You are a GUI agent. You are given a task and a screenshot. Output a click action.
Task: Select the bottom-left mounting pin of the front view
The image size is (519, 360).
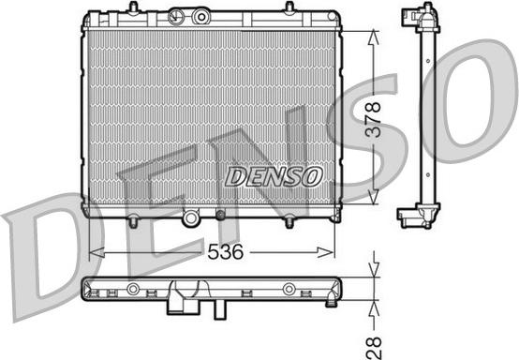click(132, 222)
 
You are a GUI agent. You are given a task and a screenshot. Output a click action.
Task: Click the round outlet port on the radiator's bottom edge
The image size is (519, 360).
click(192, 218)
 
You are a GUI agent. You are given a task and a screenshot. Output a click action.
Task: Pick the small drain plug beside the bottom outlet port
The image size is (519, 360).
click(220, 217)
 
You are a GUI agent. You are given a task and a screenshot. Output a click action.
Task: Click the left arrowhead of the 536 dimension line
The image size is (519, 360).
click(93, 252)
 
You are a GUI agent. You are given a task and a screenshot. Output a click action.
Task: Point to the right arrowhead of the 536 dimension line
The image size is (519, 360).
click(329, 252)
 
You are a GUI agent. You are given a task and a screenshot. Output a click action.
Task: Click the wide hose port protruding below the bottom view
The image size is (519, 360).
click(178, 305)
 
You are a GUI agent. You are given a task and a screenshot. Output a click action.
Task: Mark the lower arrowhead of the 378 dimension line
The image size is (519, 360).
click(373, 201)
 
